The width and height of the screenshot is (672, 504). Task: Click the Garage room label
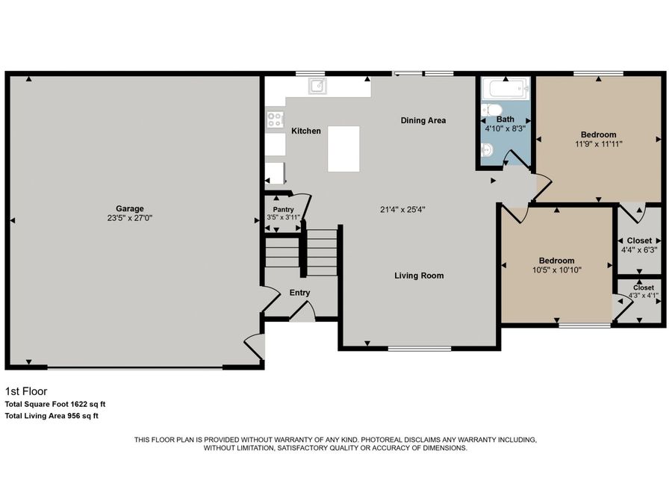click(x=129, y=208)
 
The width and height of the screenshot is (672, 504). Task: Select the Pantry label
click(x=283, y=210)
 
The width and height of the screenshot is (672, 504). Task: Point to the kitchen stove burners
click(x=275, y=118)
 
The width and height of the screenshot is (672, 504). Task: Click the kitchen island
click(x=343, y=149)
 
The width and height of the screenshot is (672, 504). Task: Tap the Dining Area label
click(x=423, y=120)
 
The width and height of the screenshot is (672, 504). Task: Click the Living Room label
click(x=419, y=276)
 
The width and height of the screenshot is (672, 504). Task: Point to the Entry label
click(x=299, y=293)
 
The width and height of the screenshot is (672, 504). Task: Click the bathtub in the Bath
click(x=505, y=91)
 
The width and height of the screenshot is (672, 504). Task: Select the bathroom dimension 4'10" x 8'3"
click(x=505, y=128)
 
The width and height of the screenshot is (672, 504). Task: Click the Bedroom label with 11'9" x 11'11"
click(x=599, y=134)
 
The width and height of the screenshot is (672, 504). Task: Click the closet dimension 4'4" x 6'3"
click(x=638, y=249)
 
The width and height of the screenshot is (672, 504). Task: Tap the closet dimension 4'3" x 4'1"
click(x=643, y=296)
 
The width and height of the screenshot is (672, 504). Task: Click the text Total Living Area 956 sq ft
click(x=52, y=415)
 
